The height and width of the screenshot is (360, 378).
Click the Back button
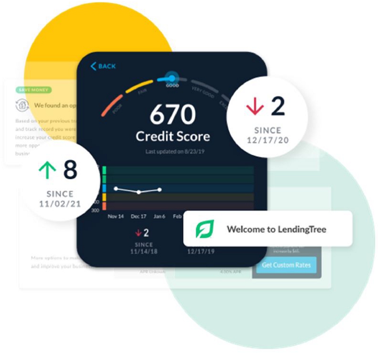tap(103, 66)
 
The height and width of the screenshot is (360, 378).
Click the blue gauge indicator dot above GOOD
tap(170, 77)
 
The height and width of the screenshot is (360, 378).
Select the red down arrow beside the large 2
tap(255, 106)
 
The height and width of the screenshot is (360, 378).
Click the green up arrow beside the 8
tap(47, 170)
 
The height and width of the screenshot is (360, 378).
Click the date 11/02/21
tap(60, 204)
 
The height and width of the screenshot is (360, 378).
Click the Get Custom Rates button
tap(286, 264)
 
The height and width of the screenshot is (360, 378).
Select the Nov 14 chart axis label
tap(115, 217)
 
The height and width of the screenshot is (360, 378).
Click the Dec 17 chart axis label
tap(139, 217)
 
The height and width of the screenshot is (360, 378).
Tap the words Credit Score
tap(172, 136)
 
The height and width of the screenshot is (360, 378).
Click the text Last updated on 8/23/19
tap(172, 152)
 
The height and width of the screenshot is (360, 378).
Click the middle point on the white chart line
tap(139, 192)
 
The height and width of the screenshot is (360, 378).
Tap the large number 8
tap(70, 170)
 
